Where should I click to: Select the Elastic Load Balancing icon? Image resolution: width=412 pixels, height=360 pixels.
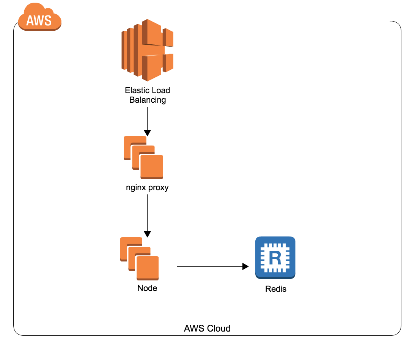pos(147,50)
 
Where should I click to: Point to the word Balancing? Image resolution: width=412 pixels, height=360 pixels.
pos(148,100)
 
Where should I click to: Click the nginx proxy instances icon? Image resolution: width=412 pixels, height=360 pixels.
pos(143,158)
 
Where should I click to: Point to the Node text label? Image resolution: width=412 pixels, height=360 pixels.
pos(147,288)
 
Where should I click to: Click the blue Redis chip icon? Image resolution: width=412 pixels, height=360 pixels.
pos(275,258)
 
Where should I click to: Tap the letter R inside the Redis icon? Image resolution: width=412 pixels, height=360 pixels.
pos(275,258)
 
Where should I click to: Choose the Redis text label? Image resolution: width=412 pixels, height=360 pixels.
pos(275,289)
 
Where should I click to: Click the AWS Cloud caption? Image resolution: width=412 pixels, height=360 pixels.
pos(207,328)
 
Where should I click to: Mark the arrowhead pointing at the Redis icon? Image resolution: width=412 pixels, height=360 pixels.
pos(246,267)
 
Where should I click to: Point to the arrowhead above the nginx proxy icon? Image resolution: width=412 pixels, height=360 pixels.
pos(147,133)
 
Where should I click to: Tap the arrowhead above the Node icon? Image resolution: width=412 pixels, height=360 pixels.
pos(147,234)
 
